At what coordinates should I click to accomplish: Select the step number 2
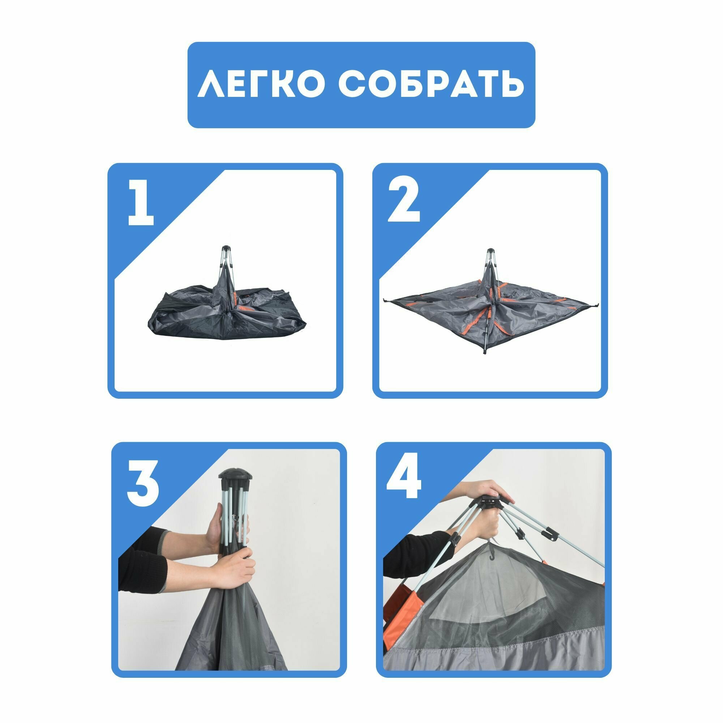pos(404,203)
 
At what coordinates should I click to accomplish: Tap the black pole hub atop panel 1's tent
pos(226,249)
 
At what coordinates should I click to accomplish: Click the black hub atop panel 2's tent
pos(490,252)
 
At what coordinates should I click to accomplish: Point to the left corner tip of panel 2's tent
pos(385,300)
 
